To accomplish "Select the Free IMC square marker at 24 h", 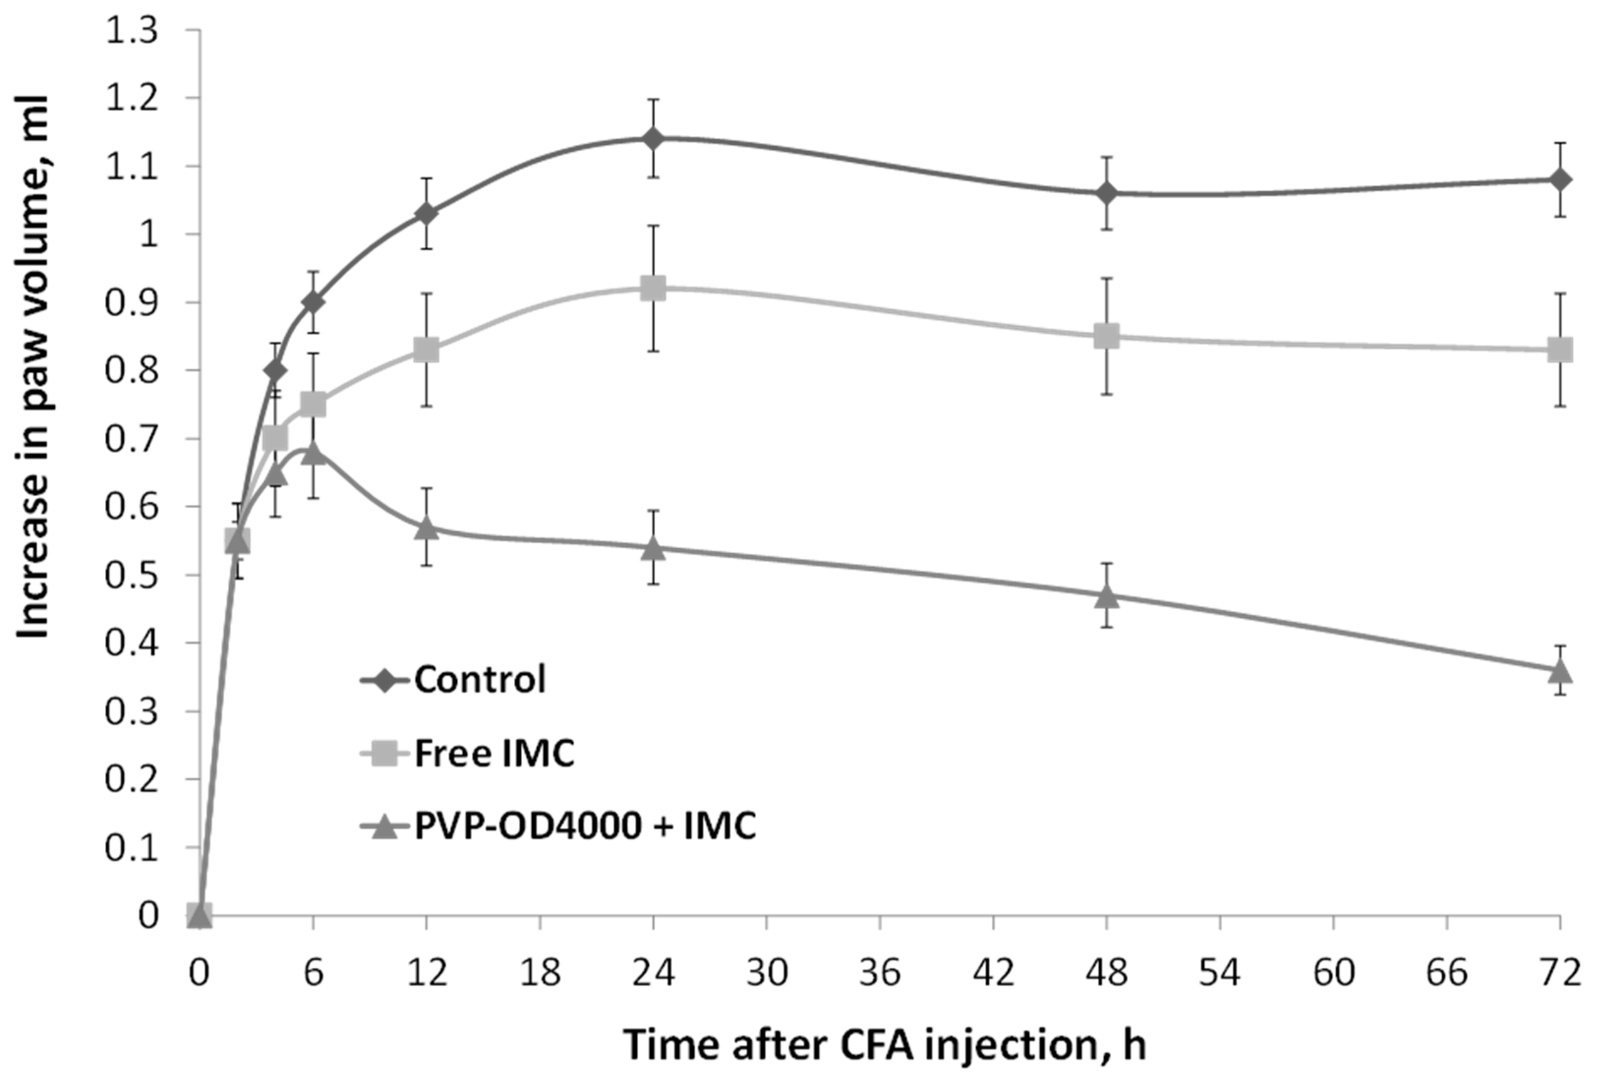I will click(652, 288).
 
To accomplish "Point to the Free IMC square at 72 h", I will click(1561, 350).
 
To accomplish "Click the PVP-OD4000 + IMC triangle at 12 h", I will click(426, 528).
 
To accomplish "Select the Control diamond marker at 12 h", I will click(426, 213).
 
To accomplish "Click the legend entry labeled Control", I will click(479, 680).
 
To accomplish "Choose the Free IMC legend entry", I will click(494, 754).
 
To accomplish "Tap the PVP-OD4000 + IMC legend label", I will click(584, 825).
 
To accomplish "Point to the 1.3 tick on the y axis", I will click(131, 31).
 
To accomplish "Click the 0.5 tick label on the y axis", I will click(131, 575).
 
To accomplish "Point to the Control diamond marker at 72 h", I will click(1561, 179).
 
